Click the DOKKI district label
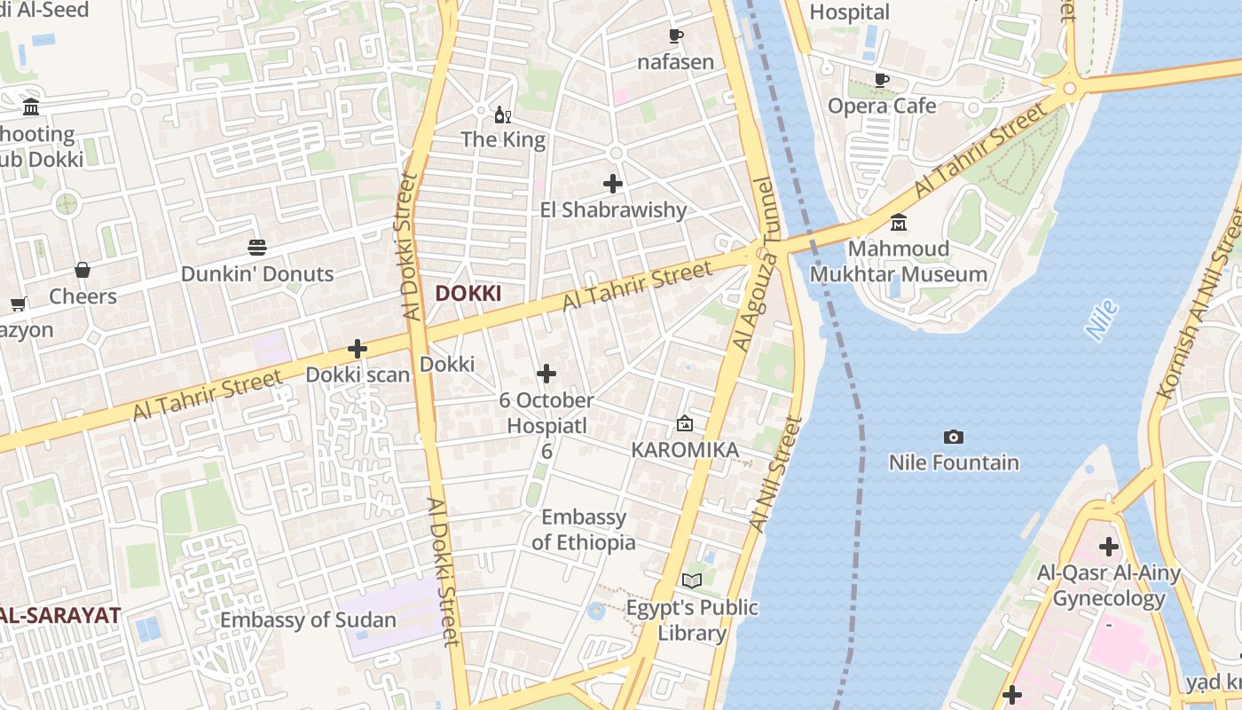(x=468, y=294)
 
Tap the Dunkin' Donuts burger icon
(x=257, y=248)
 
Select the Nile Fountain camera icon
(x=954, y=437)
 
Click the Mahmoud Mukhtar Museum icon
(x=898, y=222)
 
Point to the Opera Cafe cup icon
(x=881, y=80)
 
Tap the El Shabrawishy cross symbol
(x=613, y=184)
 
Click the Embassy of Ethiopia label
(x=584, y=530)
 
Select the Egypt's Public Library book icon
(x=692, y=580)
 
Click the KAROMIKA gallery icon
(x=684, y=424)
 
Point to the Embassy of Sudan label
(x=308, y=619)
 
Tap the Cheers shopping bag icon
(x=83, y=270)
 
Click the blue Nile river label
(x=1101, y=320)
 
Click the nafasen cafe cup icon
(x=676, y=36)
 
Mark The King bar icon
(x=503, y=114)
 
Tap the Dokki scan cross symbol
(x=358, y=349)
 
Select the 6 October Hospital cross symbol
(x=546, y=374)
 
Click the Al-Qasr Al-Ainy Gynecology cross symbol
(x=1108, y=546)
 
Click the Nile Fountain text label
(x=954, y=462)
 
